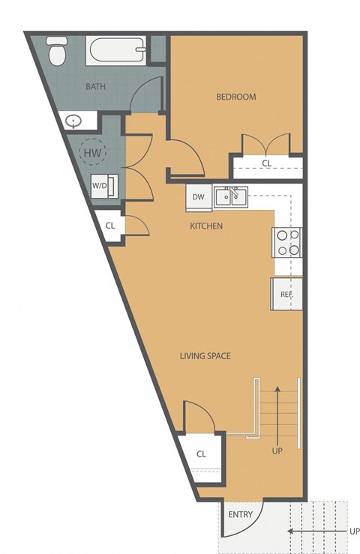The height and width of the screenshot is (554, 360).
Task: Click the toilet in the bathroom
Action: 55,52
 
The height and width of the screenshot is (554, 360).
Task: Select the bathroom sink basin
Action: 74,120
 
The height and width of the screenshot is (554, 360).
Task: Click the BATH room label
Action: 95,86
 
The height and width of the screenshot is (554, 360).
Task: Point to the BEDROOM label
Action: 236,97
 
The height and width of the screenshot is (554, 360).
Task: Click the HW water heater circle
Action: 93,154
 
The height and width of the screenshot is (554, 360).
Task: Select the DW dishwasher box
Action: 198,197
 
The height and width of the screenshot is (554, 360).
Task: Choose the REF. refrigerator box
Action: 286,294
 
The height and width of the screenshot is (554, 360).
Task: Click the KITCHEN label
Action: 206,226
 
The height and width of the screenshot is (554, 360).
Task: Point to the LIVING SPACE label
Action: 205,355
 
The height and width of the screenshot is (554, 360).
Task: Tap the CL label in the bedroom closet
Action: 266,163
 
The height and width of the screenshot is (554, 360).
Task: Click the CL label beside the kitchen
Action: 110,225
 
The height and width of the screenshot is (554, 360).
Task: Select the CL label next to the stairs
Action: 201,454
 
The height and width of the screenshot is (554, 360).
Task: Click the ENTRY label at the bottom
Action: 241,514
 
